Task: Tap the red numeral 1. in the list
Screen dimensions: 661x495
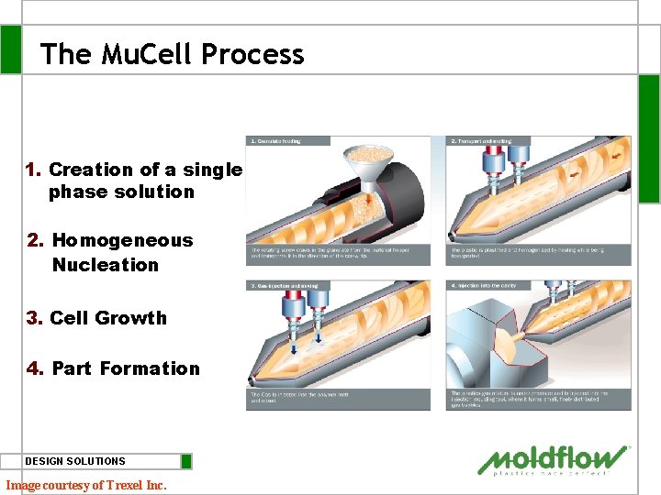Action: click(x=34, y=170)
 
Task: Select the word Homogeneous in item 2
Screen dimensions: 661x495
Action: click(x=122, y=240)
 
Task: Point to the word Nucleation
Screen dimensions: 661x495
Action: click(x=105, y=265)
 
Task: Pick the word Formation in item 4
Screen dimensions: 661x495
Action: click(x=149, y=368)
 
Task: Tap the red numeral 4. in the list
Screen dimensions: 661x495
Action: click(x=36, y=368)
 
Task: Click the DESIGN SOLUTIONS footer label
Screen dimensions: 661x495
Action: click(x=75, y=461)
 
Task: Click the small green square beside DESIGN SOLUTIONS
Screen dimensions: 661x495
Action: click(x=186, y=461)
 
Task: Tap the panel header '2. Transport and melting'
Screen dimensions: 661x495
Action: click(x=482, y=141)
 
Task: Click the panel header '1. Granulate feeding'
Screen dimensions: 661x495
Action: click(x=277, y=141)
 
